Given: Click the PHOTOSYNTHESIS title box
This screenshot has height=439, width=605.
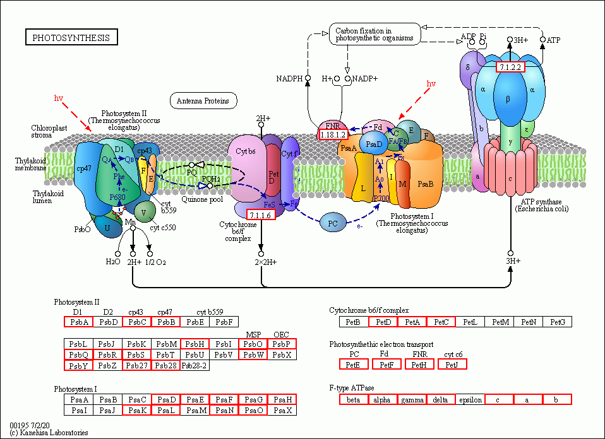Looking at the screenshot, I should pyautogui.click(x=71, y=38).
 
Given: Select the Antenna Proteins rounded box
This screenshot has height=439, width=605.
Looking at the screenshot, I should pyautogui.click(x=203, y=100).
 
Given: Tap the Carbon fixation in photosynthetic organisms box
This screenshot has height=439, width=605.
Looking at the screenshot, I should pyautogui.click(x=375, y=33).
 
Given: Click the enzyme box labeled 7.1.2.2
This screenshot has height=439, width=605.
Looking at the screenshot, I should pyautogui.click(x=510, y=67).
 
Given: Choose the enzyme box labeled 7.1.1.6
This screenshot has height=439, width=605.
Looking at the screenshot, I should pyautogui.click(x=260, y=215).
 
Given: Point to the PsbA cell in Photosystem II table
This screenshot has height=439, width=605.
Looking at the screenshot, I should pyautogui.click(x=78, y=322).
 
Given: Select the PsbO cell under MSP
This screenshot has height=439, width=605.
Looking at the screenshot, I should pyautogui.click(x=253, y=344).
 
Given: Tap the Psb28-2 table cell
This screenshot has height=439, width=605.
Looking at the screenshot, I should pyautogui.click(x=194, y=365).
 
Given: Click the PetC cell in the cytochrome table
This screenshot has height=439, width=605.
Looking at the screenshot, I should pyautogui.click(x=441, y=322).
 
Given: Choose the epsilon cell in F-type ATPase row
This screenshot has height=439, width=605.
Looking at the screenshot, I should pyautogui.click(x=470, y=399).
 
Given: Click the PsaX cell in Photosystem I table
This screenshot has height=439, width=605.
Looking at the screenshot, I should pyautogui.click(x=282, y=411).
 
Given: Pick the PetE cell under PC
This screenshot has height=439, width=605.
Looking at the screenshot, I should pyautogui.click(x=354, y=364).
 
